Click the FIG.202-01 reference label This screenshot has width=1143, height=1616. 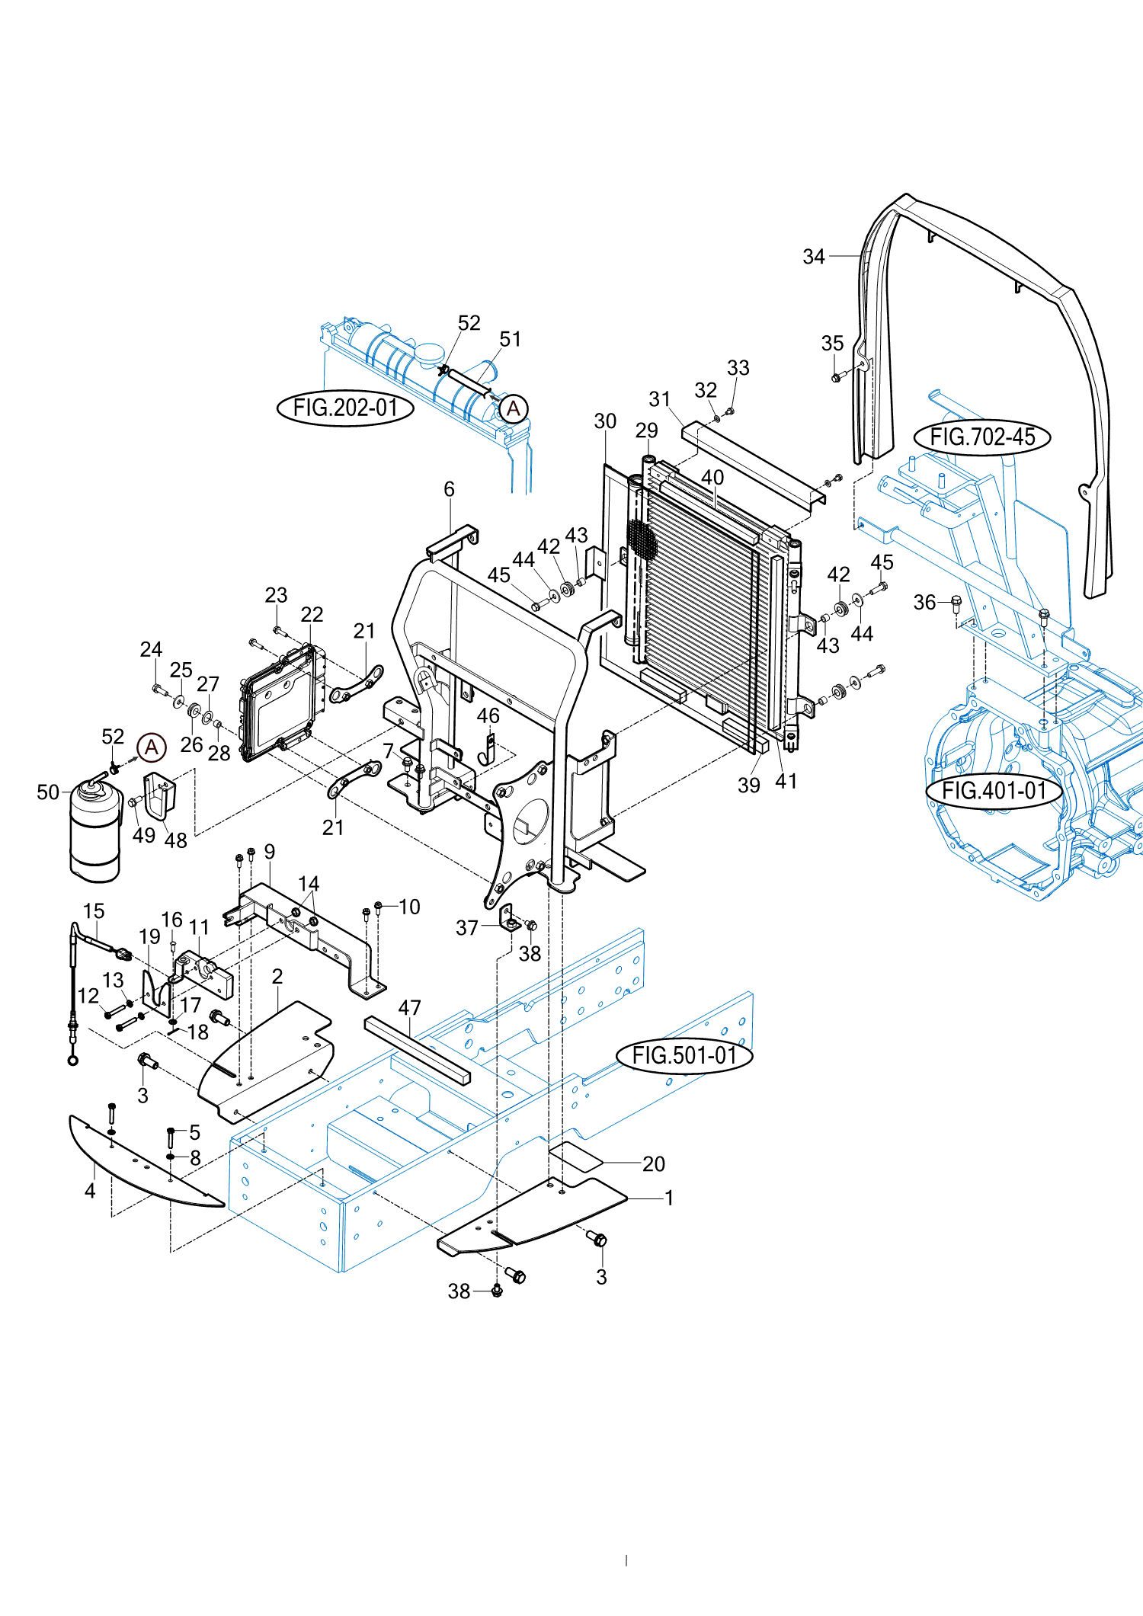click(345, 408)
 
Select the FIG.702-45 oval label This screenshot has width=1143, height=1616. click(982, 437)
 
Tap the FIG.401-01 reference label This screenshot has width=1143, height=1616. click(994, 791)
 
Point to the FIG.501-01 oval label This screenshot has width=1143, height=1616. click(684, 1055)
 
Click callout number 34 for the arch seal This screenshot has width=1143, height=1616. click(814, 257)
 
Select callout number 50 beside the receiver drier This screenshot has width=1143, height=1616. click(48, 792)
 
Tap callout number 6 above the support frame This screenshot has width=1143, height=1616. click(450, 489)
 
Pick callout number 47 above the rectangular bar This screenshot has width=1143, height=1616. click(410, 1008)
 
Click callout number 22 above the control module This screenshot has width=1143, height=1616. click(312, 614)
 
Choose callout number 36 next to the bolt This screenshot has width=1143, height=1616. click(924, 603)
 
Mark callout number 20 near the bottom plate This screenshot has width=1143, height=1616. click(654, 1164)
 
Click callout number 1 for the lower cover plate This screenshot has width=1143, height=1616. click(669, 1198)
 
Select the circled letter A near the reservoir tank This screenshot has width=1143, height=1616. click(514, 408)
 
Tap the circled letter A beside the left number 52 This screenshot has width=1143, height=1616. click(152, 747)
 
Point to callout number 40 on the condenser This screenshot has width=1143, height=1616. click(712, 478)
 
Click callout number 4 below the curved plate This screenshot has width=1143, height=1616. click(90, 1191)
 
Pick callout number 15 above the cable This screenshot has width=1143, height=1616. click(94, 911)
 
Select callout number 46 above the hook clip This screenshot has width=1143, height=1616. click(488, 716)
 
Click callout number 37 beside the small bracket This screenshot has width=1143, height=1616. click(467, 928)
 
